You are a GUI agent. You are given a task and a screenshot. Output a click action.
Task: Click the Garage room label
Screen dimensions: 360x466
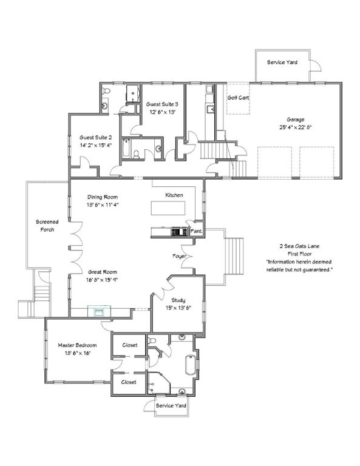pos(296,120)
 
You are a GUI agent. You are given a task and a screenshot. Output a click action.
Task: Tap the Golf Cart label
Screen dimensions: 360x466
pos(238,98)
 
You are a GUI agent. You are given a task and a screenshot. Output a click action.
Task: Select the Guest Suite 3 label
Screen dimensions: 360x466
pos(162,104)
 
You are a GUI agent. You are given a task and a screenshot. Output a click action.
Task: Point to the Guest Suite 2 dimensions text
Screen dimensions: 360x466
pos(95,146)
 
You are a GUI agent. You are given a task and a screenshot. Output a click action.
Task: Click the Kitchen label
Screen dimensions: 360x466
pos(174,195)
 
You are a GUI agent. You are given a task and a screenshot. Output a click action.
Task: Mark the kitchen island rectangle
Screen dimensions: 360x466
pos(168,208)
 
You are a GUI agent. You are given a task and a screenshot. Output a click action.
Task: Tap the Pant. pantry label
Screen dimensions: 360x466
pos(196,231)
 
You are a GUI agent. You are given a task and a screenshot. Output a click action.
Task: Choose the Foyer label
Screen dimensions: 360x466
pos(179,256)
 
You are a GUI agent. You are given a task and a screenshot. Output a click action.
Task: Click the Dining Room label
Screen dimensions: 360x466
pos(103,197)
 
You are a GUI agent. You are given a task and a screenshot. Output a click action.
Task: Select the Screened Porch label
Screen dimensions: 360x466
pos(47,226)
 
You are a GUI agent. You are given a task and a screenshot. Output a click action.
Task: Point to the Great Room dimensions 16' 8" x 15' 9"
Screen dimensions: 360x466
pos(103,280)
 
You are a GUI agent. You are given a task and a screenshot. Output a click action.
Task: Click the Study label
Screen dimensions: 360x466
pos(178,300)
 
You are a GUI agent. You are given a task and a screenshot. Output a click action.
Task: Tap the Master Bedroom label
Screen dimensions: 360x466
pos(77,345)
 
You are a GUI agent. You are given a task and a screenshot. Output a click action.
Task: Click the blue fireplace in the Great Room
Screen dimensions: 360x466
pos(99,311)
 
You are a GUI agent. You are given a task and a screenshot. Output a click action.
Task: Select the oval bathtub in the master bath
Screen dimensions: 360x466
pos(190,365)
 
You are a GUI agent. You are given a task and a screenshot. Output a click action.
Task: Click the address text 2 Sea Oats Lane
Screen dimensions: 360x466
pos(299,246)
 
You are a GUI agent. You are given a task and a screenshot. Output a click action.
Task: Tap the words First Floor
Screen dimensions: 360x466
pos(299,254)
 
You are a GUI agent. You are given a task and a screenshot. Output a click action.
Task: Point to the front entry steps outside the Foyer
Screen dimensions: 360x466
pos(234,256)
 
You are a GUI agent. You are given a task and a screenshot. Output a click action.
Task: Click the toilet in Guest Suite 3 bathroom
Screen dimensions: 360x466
pos(136,155)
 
